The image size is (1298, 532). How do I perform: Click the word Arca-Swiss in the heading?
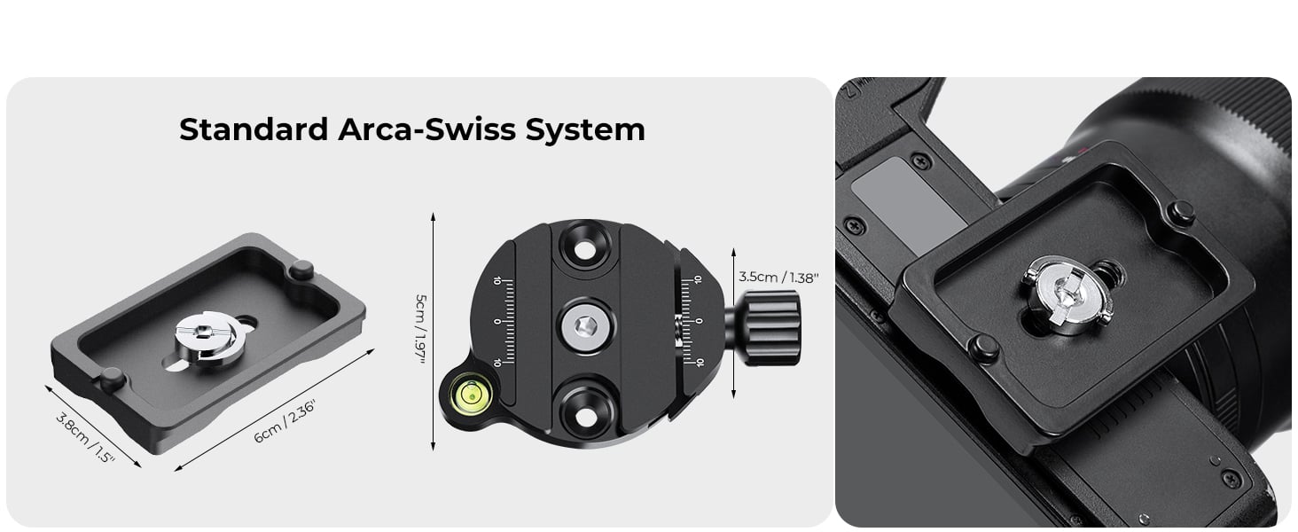click(x=426, y=129)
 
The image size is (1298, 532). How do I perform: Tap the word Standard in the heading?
click(x=254, y=129)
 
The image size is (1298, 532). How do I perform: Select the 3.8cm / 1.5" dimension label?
click(x=86, y=437)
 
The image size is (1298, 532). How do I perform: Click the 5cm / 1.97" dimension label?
click(x=420, y=330)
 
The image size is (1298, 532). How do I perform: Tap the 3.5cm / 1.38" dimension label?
click(x=778, y=278)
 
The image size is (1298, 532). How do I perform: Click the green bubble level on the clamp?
click(x=469, y=395)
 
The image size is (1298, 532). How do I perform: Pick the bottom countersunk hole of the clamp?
click(x=585, y=416)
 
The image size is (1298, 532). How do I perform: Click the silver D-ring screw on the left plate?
click(x=207, y=339)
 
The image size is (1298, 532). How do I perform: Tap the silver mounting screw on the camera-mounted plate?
click(x=1067, y=294)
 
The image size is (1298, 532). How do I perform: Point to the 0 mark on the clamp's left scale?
click(x=497, y=322)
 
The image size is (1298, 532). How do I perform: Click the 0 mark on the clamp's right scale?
click(x=699, y=320)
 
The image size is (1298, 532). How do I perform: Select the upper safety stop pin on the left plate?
click(x=301, y=270)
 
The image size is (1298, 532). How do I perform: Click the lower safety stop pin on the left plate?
click(x=113, y=379)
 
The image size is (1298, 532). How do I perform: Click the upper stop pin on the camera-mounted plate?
click(x=1181, y=213)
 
